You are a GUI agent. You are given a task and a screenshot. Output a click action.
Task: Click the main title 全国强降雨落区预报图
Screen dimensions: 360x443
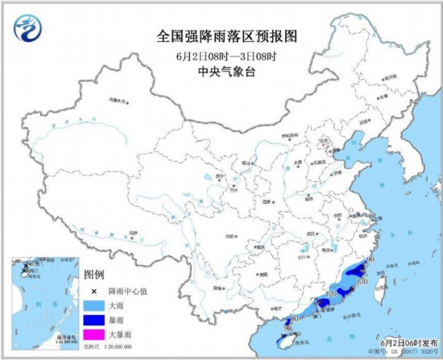coord(221,36)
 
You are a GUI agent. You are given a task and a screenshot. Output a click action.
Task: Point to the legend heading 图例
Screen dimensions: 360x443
coord(94,275)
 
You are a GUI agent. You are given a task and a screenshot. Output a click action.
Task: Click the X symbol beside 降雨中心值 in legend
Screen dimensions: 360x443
coord(94,291)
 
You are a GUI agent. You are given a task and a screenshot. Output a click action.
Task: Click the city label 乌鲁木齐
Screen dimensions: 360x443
coord(118,101)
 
